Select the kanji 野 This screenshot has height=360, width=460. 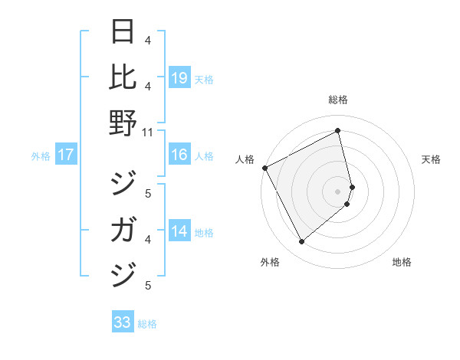[123, 123]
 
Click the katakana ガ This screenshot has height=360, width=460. [123, 230]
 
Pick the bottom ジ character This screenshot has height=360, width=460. [123, 273]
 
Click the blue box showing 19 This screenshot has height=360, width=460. [179, 77]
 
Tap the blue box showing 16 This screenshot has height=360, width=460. [179, 155]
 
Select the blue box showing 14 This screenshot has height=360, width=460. [179, 231]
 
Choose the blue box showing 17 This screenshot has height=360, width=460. [66, 155]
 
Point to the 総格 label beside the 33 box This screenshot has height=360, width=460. [147, 324]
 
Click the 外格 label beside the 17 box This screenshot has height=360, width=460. [41, 156]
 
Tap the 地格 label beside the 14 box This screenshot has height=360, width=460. [205, 232]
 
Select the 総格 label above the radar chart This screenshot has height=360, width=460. [338, 100]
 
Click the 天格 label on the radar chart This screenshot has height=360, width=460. [432, 159]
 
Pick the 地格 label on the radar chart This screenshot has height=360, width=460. [402, 263]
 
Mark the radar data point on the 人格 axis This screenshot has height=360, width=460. [264, 168]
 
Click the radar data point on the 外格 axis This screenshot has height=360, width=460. [301, 242]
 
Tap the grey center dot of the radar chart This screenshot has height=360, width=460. [338, 191]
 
